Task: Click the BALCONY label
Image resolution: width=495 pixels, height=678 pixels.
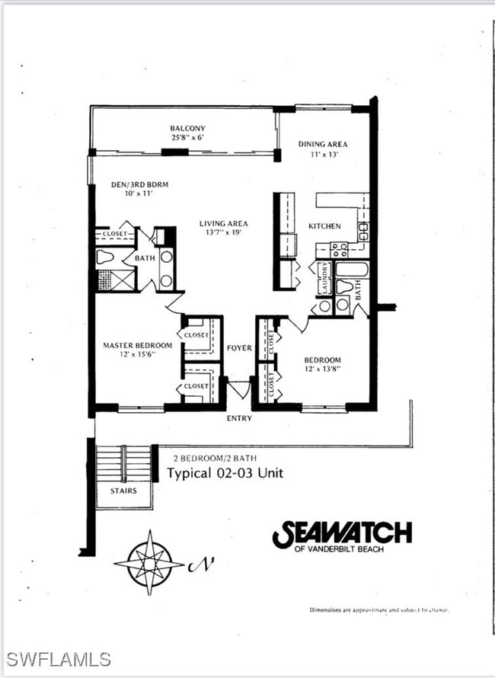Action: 187,128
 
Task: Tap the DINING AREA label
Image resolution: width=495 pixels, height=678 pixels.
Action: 323,144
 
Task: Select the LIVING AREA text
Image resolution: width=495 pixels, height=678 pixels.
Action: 224,223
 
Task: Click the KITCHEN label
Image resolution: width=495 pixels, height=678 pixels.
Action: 324,226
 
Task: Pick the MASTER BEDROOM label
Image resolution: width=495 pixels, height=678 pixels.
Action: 138,345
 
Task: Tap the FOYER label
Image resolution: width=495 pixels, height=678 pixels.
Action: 239,348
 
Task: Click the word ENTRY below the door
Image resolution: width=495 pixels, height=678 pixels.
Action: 239,419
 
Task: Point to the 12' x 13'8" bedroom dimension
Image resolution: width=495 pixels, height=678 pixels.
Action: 323,369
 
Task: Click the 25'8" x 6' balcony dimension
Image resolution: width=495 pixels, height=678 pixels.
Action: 187,138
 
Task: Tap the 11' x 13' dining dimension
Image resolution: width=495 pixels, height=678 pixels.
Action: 323,154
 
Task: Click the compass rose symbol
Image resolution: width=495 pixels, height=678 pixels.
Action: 149,563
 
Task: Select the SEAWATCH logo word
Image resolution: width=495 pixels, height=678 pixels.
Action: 342,534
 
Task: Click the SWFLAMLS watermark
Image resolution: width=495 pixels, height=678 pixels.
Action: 58,659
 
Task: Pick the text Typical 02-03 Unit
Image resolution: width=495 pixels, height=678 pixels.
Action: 225,473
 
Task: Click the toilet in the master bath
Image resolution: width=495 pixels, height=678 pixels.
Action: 105,257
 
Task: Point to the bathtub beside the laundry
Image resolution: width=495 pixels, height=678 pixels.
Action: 352,268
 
